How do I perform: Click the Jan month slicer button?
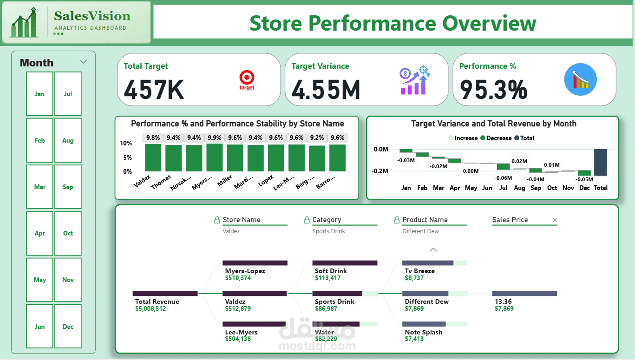[x=39, y=94]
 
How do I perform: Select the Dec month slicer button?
[x=68, y=326]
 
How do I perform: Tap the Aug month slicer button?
[x=68, y=140]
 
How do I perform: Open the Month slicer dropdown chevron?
[x=84, y=62]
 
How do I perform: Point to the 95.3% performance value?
[x=493, y=90]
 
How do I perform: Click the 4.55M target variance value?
[x=326, y=90]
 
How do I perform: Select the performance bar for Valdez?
[x=153, y=158]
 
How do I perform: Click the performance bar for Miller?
[x=235, y=158]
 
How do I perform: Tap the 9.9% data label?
[x=215, y=137]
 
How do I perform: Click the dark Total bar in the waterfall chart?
[x=601, y=163]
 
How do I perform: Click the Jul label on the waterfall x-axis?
[x=503, y=188]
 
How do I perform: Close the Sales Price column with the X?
[x=555, y=220]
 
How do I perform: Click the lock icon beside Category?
[x=307, y=220]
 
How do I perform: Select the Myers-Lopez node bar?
[x=255, y=263]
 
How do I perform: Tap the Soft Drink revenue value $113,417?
[x=327, y=278]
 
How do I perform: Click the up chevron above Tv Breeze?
[x=433, y=250]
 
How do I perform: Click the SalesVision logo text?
[x=92, y=16]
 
